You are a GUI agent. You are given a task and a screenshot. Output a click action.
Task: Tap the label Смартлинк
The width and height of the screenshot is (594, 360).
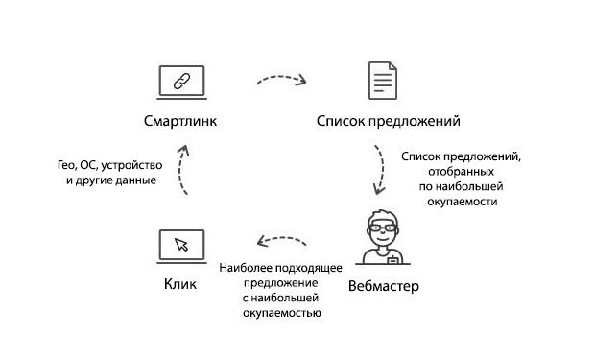[180, 122]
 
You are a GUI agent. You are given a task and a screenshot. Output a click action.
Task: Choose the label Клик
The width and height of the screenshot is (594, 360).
[180, 286]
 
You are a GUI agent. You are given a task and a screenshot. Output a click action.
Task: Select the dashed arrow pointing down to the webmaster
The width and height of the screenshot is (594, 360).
[381, 170]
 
